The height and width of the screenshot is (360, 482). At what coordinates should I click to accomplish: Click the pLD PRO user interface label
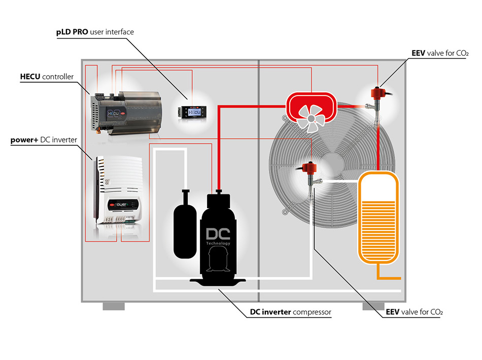(x=95, y=32)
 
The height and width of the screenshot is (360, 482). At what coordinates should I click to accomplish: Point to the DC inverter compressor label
(x=290, y=312)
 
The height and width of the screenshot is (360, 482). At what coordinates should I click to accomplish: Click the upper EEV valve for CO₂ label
(x=439, y=53)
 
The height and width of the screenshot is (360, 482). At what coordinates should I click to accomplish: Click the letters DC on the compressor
(x=218, y=235)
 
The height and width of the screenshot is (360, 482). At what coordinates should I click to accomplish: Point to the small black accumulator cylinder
(x=184, y=225)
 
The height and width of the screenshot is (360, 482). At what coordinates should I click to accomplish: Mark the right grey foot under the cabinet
(x=373, y=306)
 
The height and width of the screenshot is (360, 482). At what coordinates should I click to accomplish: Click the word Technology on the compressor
(x=218, y=244)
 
